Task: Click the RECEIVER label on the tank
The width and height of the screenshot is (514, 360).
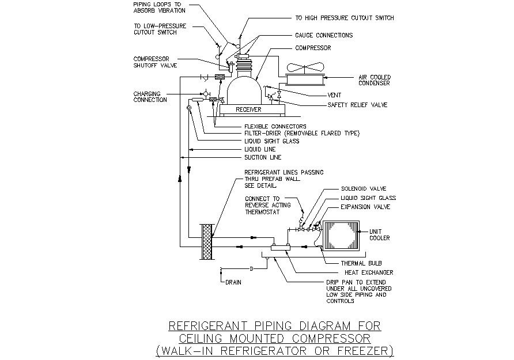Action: [x=248, y=109]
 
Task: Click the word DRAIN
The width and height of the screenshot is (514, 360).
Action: [x=233, y=282]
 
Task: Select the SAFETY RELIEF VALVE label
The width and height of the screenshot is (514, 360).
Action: [x=357, y=105]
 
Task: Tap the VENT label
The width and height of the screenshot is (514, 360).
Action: [x=334, y=94]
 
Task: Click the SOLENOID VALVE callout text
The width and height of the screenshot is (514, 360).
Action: [x=363, y=188]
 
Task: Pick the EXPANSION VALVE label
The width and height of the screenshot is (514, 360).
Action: [x=365, y=206]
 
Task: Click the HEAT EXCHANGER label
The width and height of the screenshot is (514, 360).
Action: [x=369, y=272]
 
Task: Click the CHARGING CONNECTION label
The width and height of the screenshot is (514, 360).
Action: [x=150, y=97]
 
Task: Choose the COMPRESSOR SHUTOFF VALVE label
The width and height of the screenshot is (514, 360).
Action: [x=155, y=62]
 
